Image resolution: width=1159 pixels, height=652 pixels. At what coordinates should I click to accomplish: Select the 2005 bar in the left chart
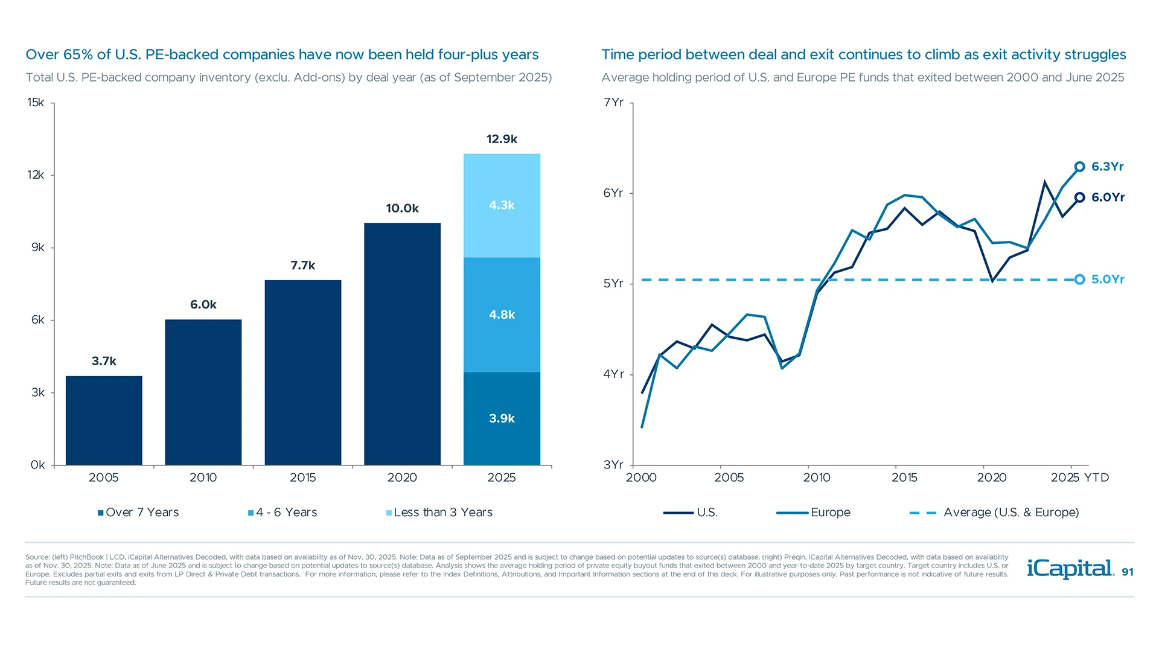104,420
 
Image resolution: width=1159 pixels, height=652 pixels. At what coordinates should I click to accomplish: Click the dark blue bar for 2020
402,344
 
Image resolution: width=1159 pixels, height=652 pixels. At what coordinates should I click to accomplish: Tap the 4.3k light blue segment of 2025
502,205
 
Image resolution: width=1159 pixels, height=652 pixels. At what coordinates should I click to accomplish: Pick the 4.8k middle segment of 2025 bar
502,315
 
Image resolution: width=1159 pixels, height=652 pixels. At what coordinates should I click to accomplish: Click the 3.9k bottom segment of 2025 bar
502,418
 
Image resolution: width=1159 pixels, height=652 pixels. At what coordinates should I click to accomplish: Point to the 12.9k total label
502,139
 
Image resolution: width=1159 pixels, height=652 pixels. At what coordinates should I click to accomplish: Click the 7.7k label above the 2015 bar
302,266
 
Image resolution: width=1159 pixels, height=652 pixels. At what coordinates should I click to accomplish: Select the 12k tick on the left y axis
36,175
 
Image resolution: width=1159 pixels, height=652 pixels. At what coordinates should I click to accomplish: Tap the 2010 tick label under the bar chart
203,478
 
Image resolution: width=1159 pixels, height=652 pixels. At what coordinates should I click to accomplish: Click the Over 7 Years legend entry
139,513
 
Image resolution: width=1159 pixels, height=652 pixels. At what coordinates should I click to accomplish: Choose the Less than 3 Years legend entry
439,513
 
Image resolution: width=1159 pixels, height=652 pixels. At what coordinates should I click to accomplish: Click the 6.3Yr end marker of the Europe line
1079,167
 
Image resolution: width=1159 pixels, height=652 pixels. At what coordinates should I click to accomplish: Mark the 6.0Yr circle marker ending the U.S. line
1079,197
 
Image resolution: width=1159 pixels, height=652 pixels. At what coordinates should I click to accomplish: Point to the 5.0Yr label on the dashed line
1107,280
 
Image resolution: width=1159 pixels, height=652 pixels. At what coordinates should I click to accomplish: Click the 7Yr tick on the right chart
613,103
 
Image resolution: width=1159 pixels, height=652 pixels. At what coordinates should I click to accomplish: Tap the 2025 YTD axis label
1079,478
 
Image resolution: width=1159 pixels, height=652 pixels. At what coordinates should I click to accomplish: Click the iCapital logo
1070,569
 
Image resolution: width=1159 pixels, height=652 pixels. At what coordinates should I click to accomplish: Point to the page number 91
1127,572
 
